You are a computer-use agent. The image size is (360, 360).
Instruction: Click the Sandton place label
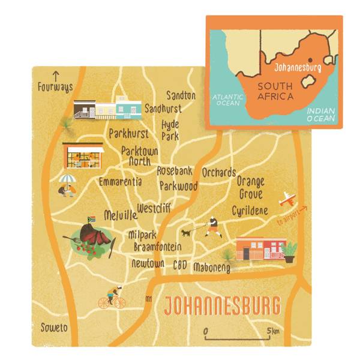pos(181,95)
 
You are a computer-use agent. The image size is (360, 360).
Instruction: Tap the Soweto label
pos(54,328)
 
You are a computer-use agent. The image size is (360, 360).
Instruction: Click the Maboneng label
pos(212,268)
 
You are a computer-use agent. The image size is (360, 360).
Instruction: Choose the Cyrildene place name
pos(250,211)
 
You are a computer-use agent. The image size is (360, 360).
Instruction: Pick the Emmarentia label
pos(121,181)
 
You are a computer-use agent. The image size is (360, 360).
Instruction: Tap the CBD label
pos(181,265)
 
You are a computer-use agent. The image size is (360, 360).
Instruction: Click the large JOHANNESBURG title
pos(222,306)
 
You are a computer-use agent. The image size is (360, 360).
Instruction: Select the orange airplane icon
pos(289,199)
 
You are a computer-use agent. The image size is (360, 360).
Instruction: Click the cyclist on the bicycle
pos(112,298)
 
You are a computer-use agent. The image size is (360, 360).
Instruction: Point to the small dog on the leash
pos(187,232)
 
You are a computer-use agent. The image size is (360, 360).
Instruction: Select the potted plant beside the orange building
pos(289,251)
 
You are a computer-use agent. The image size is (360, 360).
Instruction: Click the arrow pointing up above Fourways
pos(56,76)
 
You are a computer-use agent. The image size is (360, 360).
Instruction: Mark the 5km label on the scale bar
pos(274,331)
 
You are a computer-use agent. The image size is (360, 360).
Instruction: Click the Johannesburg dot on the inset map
pos(310,61)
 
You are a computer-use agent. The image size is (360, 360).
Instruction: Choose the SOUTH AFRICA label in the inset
pos(275,91)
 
